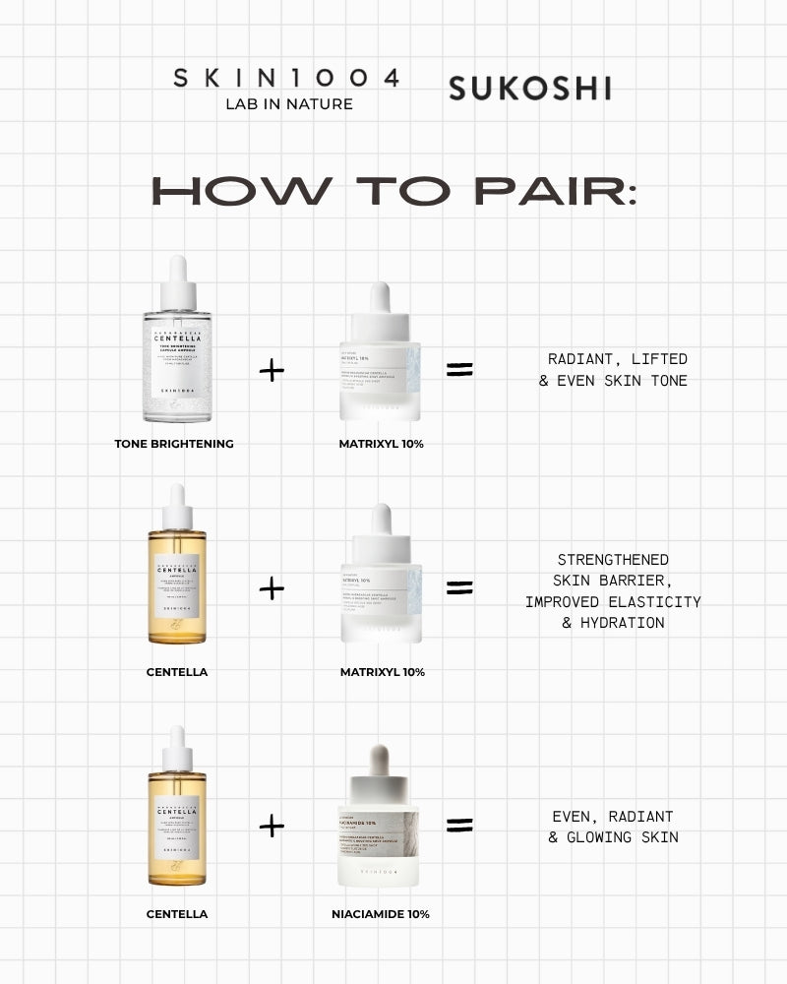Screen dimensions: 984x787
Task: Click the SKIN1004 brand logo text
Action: tap(286, 79)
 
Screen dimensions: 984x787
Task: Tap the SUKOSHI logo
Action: tap(529, 89)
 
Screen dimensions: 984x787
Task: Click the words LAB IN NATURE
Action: tap(288, 103)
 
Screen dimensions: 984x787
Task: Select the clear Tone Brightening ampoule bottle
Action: tap(177, 349)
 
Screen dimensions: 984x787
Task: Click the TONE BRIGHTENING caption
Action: tap(174, 444)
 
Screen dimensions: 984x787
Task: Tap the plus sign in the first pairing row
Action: tap(272, 370)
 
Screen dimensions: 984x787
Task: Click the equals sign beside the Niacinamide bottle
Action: tap(459, 826)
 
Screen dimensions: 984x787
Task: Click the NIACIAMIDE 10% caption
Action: tap(380, 914)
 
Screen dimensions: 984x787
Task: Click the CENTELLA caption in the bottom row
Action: tap(177, 914)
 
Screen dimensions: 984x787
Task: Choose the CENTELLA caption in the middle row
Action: tap(177, 672)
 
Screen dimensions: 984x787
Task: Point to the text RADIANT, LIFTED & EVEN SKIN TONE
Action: tap(613, 370)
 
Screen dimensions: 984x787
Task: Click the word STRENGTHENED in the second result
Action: tap(613, 560)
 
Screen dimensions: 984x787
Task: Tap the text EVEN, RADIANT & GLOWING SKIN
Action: tap(613, 827)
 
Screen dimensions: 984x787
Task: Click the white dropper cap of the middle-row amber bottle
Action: tap(177, 505)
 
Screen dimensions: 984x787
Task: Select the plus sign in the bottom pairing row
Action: tap(272, 826)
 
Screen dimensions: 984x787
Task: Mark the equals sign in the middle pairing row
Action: tap(459, 588)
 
